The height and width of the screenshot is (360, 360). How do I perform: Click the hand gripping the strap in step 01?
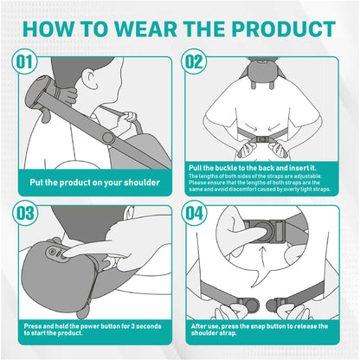pos(130,116)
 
